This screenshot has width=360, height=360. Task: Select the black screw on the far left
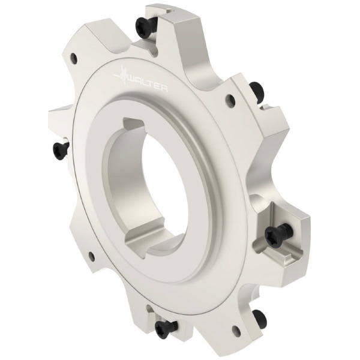pyautogui.click(x=61, y=151)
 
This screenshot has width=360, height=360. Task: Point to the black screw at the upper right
pyautogui.click(x=257, y=91)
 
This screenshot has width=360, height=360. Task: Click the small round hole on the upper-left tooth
pyautogui.click(x=74, y=58)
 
